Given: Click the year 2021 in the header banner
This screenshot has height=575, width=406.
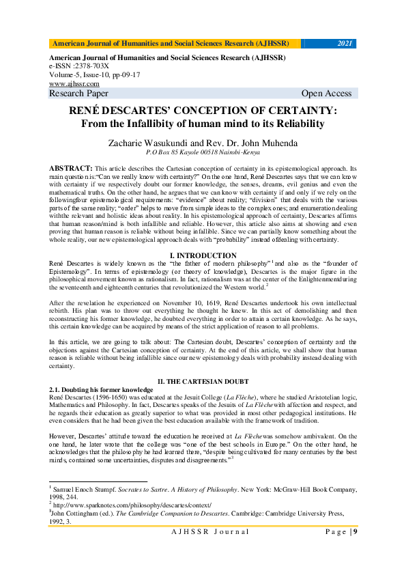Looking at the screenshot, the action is pos(345,44).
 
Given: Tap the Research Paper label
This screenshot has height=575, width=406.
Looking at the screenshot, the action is pos(78,94).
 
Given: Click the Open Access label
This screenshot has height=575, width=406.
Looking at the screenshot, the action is pos(326,94).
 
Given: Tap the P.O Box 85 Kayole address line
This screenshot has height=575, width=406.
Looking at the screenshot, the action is pos(203,153).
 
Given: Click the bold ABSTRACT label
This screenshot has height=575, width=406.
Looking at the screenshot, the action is pos(71,168).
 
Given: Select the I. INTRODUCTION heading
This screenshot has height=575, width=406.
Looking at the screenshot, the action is pos(203,255).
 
